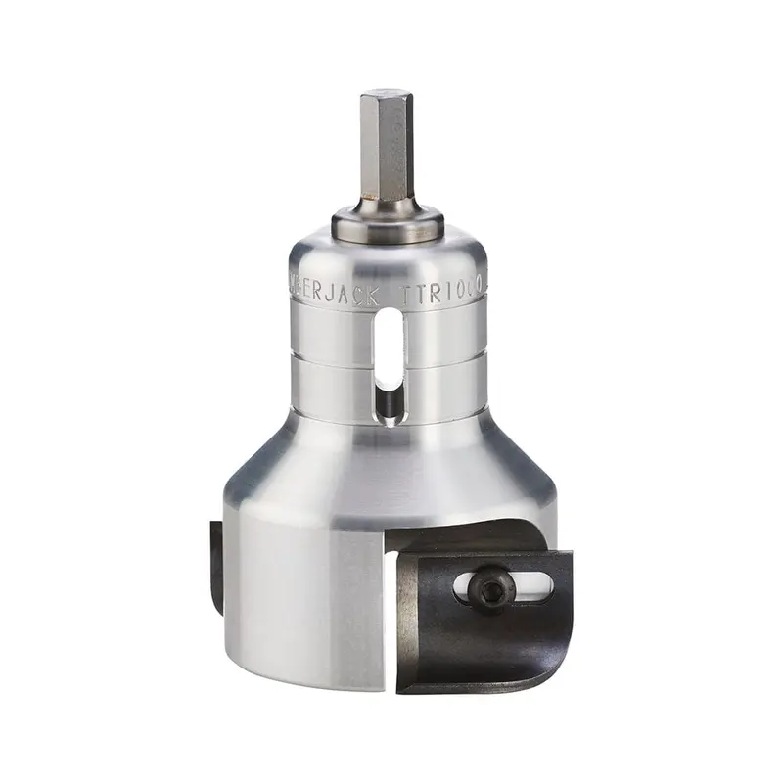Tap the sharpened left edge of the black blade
click(407, 626)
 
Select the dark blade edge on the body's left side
click(216, 568)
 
